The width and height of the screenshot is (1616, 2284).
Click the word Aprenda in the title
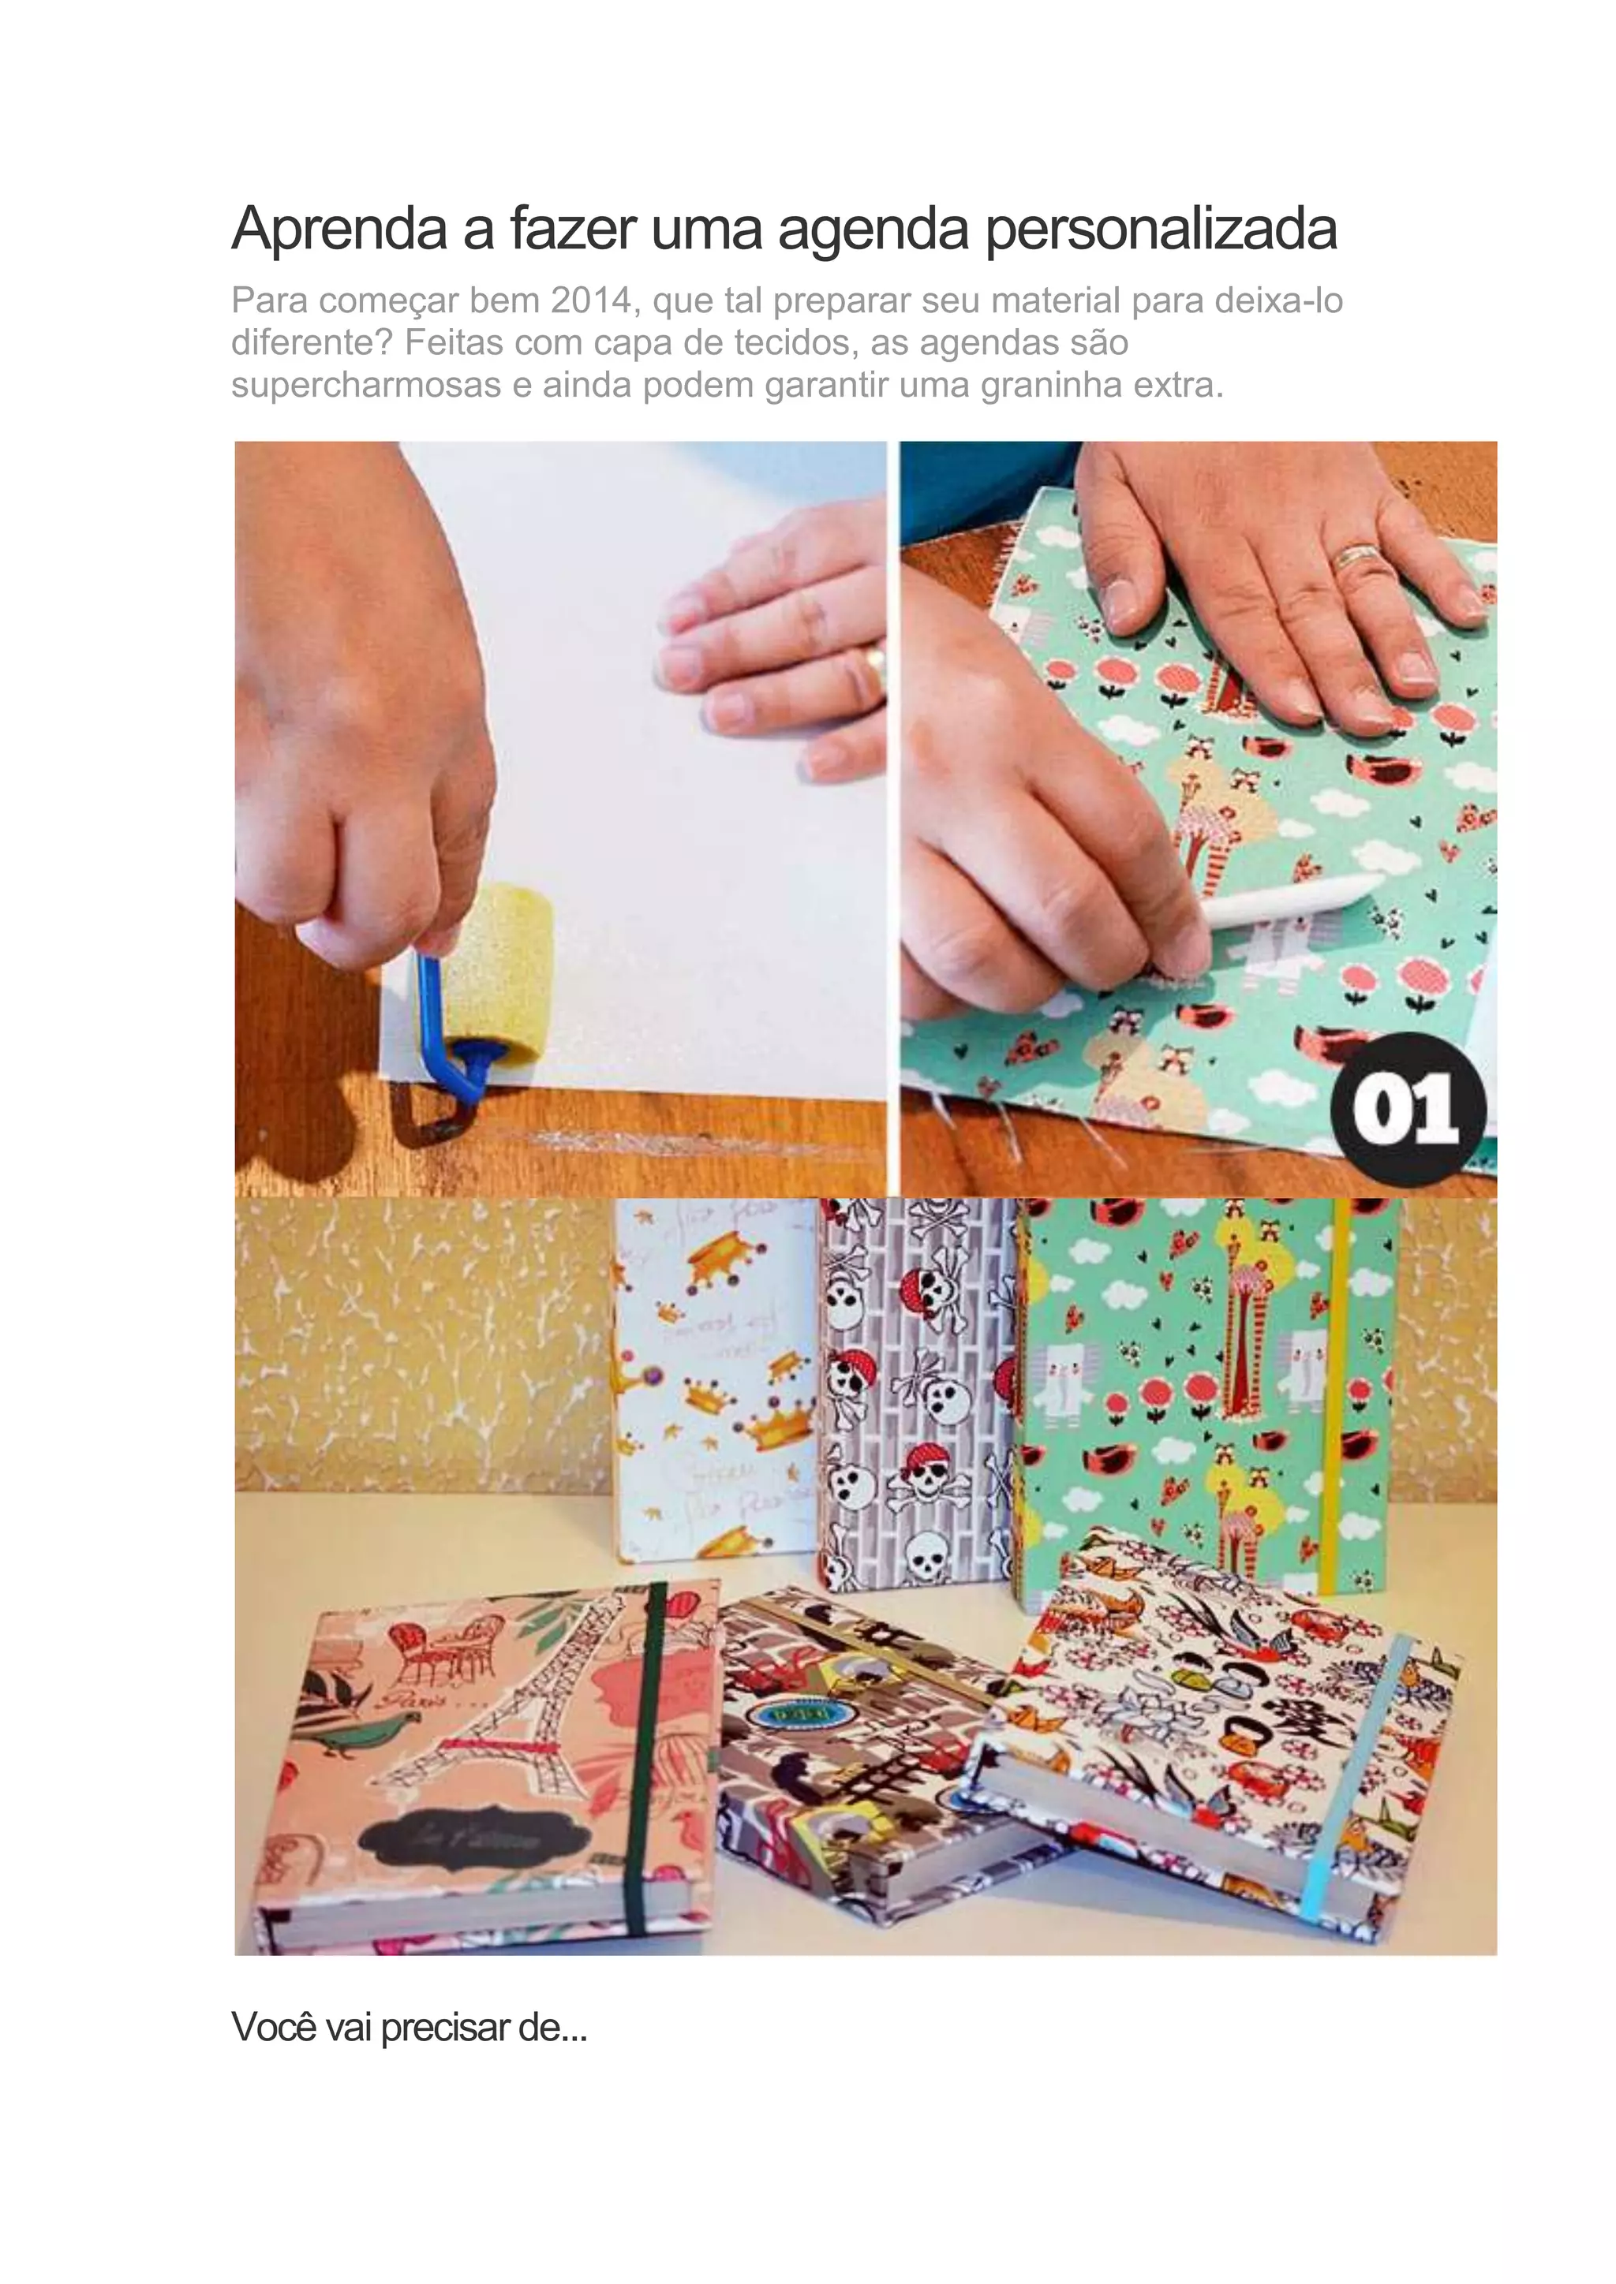click(x=339, y=229)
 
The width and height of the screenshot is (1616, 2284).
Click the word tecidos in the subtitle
click(x=790, y=342)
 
